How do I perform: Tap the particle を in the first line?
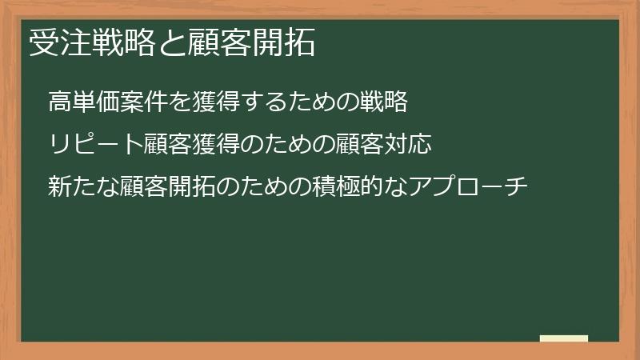[179, 102]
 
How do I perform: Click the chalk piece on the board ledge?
[564, 338]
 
